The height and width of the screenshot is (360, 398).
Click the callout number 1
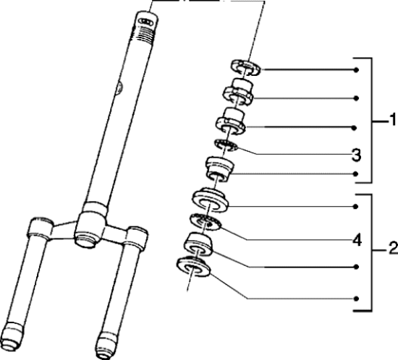point(392,119)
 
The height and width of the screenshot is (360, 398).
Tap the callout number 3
point(356,155)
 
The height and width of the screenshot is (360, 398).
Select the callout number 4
point(357,240)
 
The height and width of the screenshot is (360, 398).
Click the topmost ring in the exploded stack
point(246,67)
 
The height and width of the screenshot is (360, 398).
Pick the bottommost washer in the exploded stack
point(193,267)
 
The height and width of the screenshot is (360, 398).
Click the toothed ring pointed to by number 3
point(225,145)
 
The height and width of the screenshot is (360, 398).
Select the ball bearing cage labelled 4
point(206,222)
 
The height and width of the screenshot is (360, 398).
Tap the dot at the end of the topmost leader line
point(356,69)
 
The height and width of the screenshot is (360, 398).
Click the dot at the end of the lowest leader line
point(356,299)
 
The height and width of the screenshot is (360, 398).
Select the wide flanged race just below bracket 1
point(210,199)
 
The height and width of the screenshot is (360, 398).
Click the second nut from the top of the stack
point(238,92)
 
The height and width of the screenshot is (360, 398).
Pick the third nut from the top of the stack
point(231,121)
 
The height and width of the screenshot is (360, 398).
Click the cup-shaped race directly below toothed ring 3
point(219,169)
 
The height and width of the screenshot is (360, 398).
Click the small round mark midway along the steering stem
point(119,87)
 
